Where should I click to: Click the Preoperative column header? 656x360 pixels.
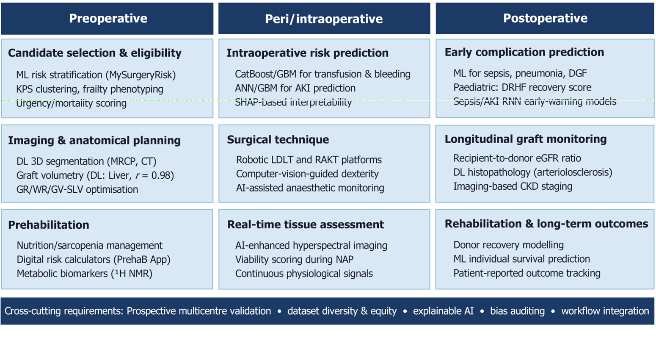point(108,19)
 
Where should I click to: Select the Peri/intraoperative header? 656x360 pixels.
point(324,19)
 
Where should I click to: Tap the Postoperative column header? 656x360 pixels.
point(545,18)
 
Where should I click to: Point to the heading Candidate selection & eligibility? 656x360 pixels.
point(95,53)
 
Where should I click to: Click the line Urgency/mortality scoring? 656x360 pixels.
point(71,103)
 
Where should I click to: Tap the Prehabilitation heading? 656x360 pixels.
point(49,225)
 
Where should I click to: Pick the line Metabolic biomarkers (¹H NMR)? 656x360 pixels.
point(85,274)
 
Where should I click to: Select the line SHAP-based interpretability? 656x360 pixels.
point(293,102)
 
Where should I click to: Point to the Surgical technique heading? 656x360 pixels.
point(278,139)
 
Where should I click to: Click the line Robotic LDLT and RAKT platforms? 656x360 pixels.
point(309,160)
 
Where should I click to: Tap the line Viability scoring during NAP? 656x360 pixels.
point(294,260)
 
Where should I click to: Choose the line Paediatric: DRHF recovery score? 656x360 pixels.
point(522,87)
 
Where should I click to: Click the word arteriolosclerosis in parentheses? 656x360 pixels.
point(573,172)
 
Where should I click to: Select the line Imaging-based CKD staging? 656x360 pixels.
point(513,186)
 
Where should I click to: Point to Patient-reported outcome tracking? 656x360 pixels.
point(527,273)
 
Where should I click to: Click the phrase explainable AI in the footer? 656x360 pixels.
point(443,311)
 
